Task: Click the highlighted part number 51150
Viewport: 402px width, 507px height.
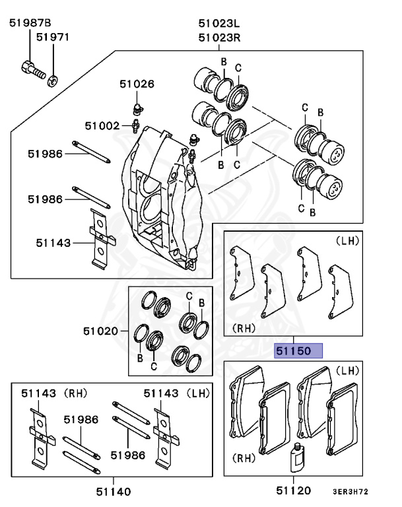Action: (x=298, y=351)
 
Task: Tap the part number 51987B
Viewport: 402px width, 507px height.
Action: (x=30, y=24)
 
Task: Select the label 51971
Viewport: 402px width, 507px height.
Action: (x=52, y=38)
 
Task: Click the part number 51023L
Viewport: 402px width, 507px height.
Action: (x=219, y=24)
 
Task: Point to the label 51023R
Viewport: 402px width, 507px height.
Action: (x=219, y=38)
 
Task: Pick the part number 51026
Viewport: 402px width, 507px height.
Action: (x=137, y=84)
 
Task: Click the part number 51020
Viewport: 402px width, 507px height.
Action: (x=101, y=331)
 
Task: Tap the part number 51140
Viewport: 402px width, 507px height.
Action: (x=113, y=491)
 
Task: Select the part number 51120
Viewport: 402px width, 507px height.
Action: (x=294, y=491)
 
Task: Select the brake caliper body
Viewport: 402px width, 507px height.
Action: (x=162, y=198)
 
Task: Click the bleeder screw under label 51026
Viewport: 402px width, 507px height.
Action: (x=137, y=106)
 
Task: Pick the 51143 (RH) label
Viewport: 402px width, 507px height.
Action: (x=50, y=394)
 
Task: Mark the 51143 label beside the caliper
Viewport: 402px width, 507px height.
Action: (x=53, y=243)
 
